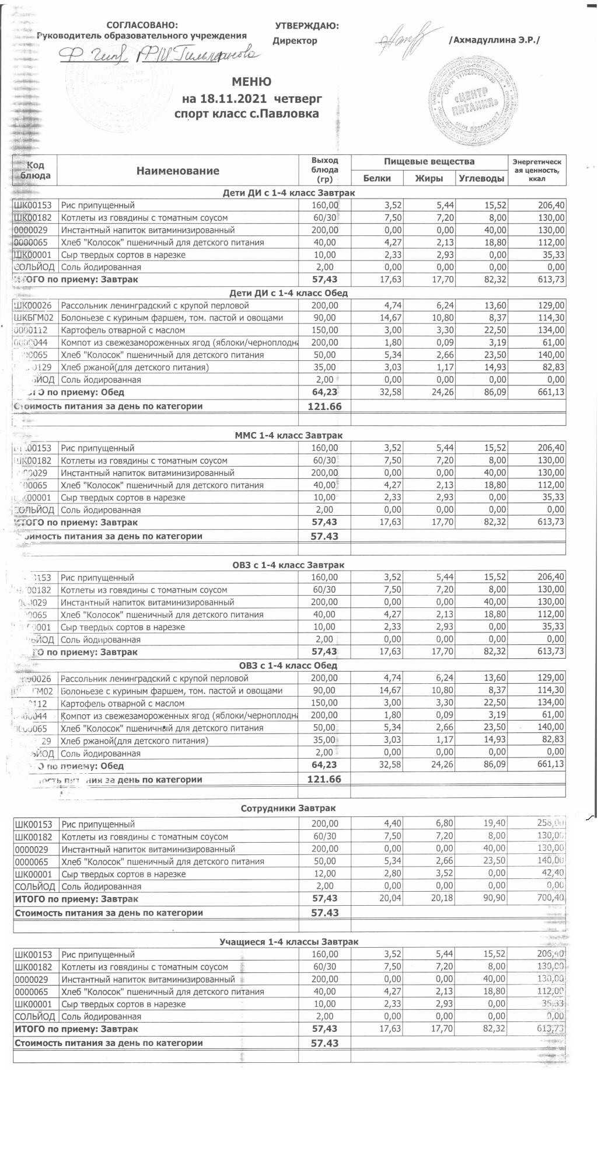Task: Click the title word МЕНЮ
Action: [251, 82]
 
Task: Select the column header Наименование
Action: [178, 171]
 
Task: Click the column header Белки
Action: [376, 178]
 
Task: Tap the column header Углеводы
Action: [481, 178]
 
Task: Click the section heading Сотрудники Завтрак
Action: [288, 808]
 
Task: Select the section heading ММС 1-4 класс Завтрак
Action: [288, 435]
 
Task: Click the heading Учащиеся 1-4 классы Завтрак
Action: [288, 941]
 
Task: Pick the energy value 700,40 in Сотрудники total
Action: [550, 898]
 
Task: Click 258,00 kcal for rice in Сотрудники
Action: [550, 824]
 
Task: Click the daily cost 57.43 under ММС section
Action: [324, 536]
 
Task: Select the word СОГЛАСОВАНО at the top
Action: [142, 25]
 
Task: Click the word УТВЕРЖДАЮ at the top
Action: [306, 26]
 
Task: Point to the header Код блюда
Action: [36, 170]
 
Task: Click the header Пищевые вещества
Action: [429, 161]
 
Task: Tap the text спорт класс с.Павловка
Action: [247, 113]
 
